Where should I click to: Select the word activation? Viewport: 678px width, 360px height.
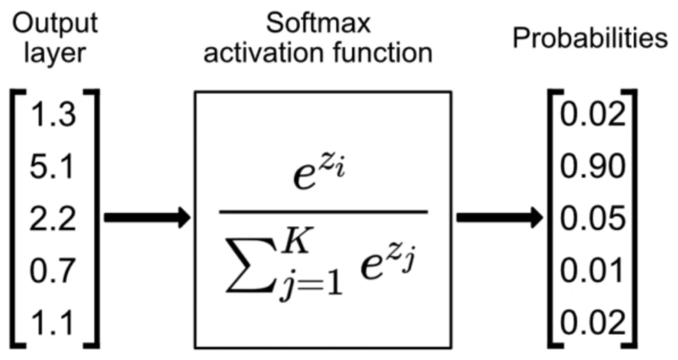coord(263,53)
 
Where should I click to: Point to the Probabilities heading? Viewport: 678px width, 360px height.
coord(590,38)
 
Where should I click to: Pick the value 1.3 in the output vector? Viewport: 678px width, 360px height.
coord(53,115)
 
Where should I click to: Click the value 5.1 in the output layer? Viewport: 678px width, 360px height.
coord(52,167)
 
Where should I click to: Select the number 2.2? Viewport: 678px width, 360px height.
coord(53,219)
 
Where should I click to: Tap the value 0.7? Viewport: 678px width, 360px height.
coord(53,270)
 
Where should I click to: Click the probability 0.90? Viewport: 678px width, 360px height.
coord(593,167)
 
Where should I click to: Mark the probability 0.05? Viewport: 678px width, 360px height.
coord(593,219)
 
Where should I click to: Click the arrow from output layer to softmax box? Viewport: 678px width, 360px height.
coord(148,217)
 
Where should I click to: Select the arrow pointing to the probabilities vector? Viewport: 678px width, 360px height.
coord(500,217)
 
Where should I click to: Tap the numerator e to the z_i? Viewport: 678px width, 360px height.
coord(319,170)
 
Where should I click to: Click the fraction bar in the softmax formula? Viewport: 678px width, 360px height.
coord(324,212)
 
